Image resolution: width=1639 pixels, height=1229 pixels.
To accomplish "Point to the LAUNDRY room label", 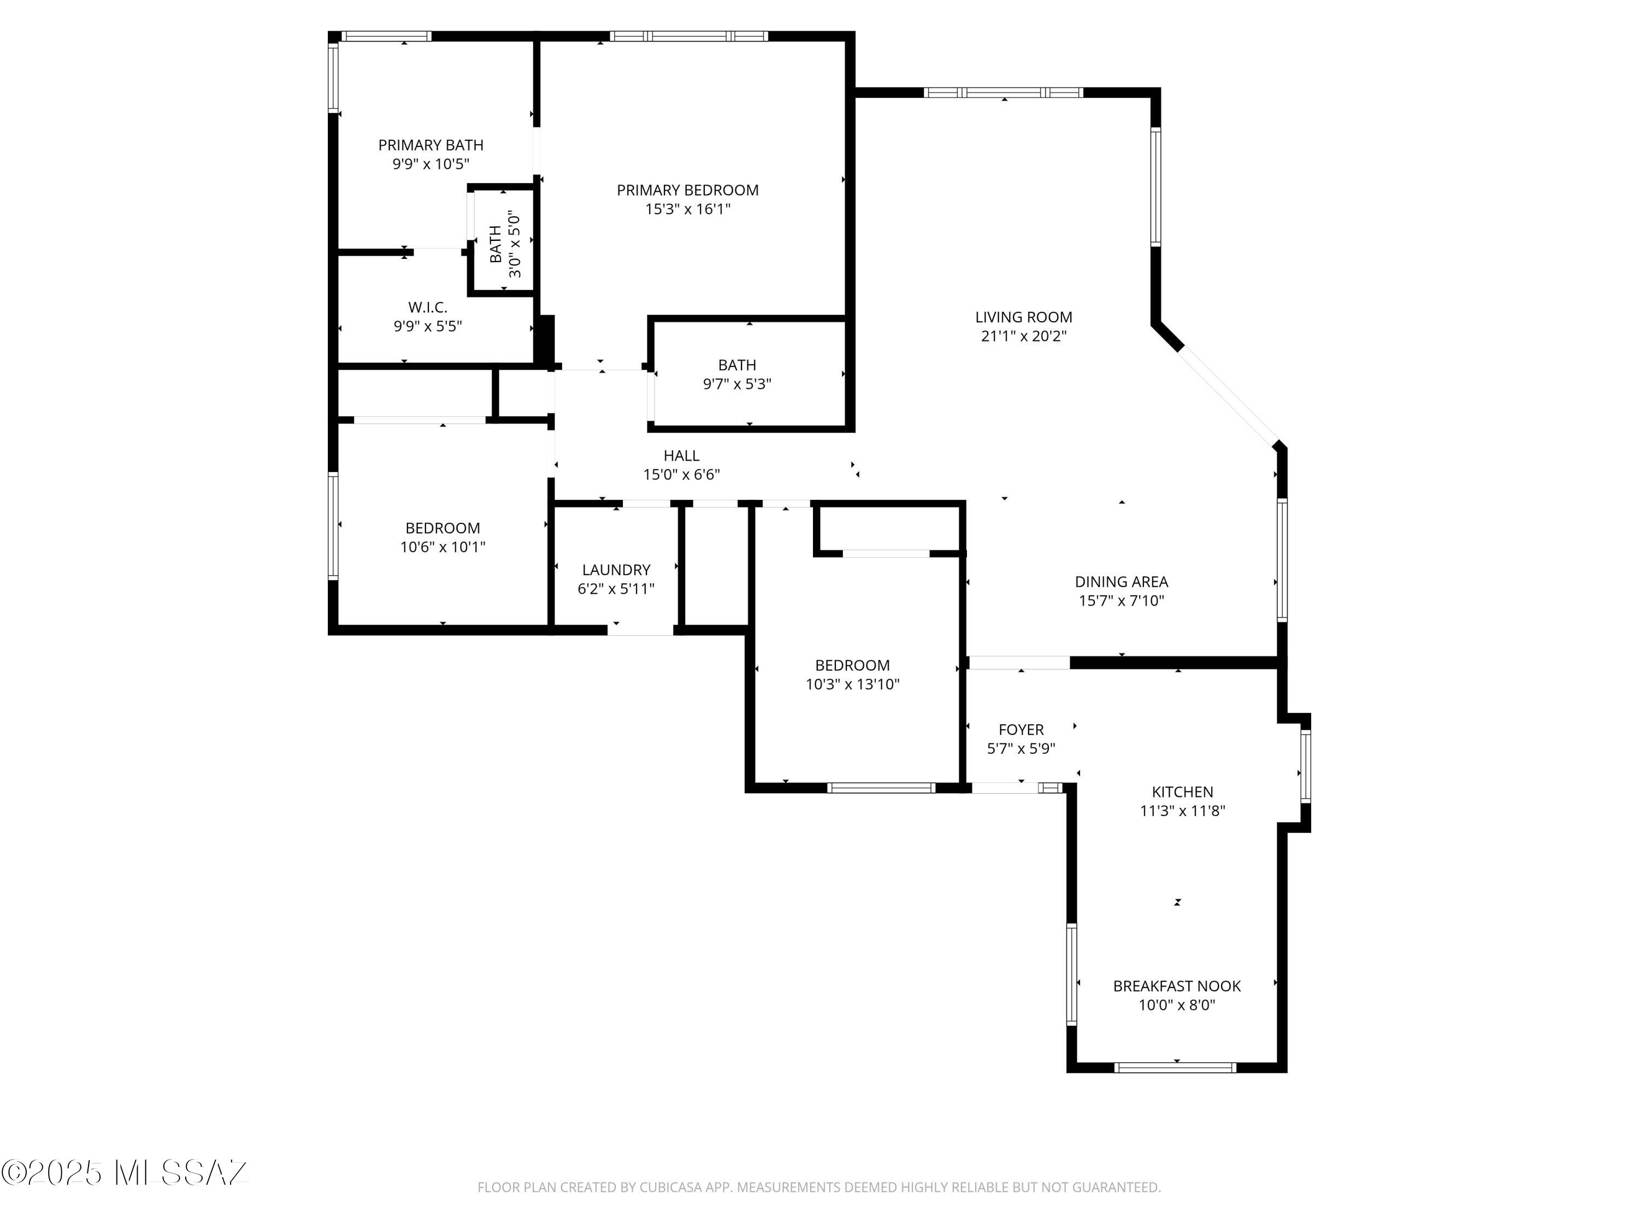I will click(x=616, y=570).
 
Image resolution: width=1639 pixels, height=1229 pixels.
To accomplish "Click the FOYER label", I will click(x=1021, y=730).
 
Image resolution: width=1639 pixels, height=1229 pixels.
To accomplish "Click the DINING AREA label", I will click(x=1121, y=582).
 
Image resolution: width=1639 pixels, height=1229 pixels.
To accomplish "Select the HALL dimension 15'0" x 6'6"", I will click(x=681, y=475).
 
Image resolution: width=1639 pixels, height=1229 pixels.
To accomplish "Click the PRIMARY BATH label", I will click(x=431, y=145).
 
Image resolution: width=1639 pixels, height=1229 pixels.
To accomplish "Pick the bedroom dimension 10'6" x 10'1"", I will click(x=443, y=547).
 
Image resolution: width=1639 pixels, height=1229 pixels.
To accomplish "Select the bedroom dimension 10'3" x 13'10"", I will click(x=852, y=684).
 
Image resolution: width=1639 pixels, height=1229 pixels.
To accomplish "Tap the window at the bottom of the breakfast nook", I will click(x=1175, y=1067).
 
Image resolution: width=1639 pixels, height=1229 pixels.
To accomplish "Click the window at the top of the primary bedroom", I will click(x=688, y=36).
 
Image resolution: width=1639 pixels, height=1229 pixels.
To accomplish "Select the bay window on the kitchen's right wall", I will click(x=1306, y=766).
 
